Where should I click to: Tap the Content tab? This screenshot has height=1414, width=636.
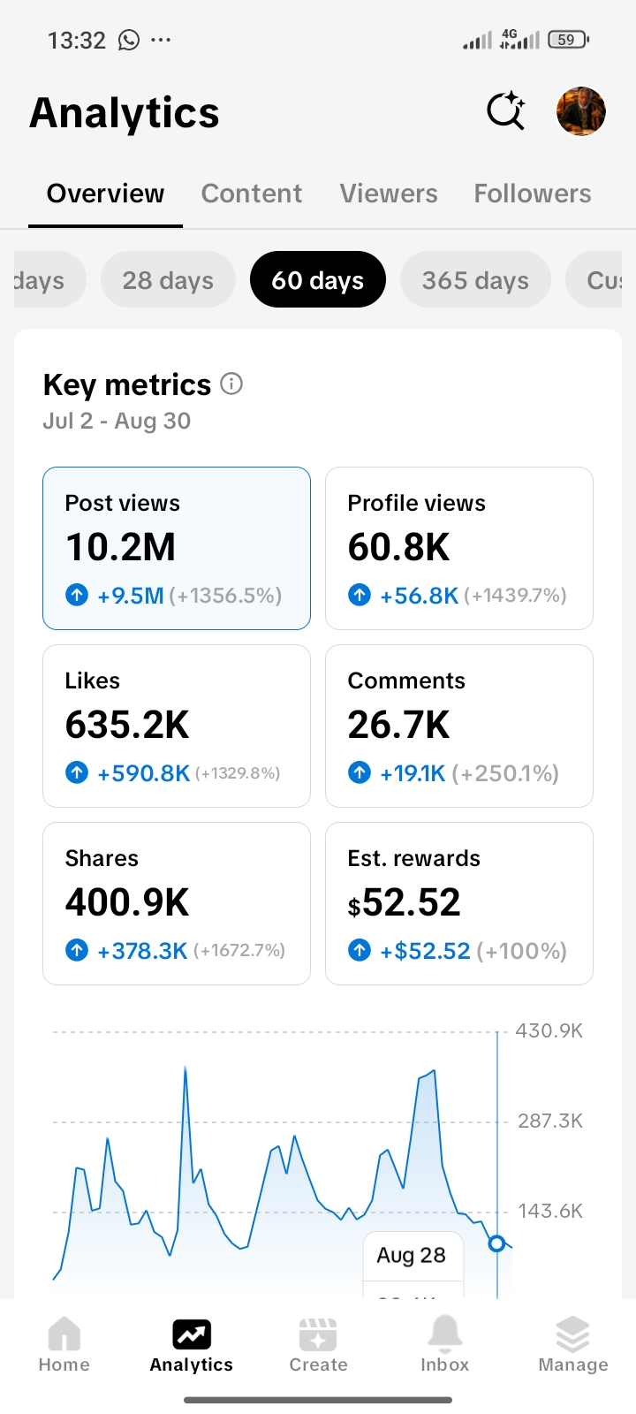251,194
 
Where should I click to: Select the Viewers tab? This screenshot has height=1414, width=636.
389,194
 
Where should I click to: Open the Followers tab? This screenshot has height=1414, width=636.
533,194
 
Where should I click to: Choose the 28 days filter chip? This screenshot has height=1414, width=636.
168,279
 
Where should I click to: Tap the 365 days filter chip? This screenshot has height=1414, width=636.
475,279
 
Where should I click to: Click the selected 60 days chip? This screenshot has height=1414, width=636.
317,279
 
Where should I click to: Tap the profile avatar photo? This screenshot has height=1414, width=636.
580,111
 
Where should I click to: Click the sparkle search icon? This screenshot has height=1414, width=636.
506,111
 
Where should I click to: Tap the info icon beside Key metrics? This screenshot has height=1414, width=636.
231,384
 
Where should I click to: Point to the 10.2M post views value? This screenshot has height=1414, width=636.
120,547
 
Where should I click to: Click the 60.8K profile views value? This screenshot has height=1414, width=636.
398,547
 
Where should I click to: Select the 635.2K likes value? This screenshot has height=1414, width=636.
127,724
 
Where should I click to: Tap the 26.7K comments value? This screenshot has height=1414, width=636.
398,724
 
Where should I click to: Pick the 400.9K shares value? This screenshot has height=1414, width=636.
127,901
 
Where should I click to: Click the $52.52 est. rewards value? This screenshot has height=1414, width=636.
404,902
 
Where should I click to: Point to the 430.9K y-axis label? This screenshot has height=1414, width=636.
549,1030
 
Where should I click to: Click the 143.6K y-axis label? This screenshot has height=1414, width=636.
550,1211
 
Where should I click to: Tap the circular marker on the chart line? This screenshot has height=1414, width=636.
497,1243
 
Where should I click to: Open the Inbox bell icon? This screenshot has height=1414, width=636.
445,1334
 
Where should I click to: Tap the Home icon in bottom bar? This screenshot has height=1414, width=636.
64,1333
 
